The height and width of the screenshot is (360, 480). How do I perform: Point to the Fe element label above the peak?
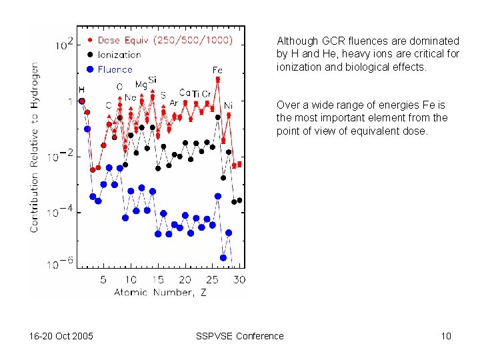point(217,70)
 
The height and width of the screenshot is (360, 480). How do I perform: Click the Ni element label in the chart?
point(228,105)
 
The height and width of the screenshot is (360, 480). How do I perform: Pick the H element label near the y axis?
point(82,89)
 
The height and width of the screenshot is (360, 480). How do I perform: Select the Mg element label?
point(141,85)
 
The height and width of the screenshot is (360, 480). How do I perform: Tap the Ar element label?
point(173,103)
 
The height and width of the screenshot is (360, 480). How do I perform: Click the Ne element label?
point(130,98)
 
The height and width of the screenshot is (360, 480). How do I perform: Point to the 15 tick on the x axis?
point(158,279)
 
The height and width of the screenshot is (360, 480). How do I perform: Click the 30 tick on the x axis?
point(239,279)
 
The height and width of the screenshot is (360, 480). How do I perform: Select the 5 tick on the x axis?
point(103,279)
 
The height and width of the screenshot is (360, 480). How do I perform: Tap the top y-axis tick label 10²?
point(64,45)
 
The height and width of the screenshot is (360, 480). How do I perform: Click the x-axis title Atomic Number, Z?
point(159,292)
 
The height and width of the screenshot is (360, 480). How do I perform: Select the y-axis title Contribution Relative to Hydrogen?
point(35,147)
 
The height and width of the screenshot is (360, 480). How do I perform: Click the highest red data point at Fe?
point(217,79)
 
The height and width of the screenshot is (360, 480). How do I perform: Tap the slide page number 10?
point(445,336)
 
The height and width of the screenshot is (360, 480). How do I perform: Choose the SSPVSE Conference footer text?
point(239,336)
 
